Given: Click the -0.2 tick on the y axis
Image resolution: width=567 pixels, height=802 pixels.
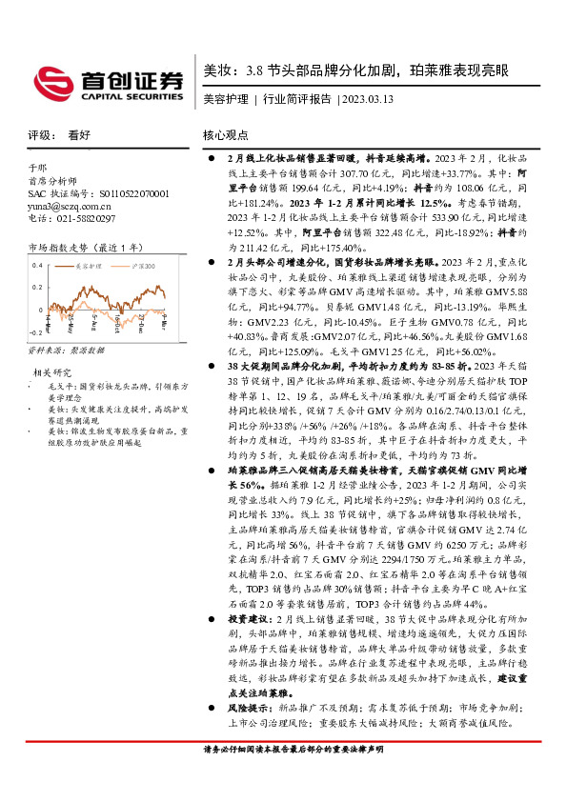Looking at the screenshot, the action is coord(36,332).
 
